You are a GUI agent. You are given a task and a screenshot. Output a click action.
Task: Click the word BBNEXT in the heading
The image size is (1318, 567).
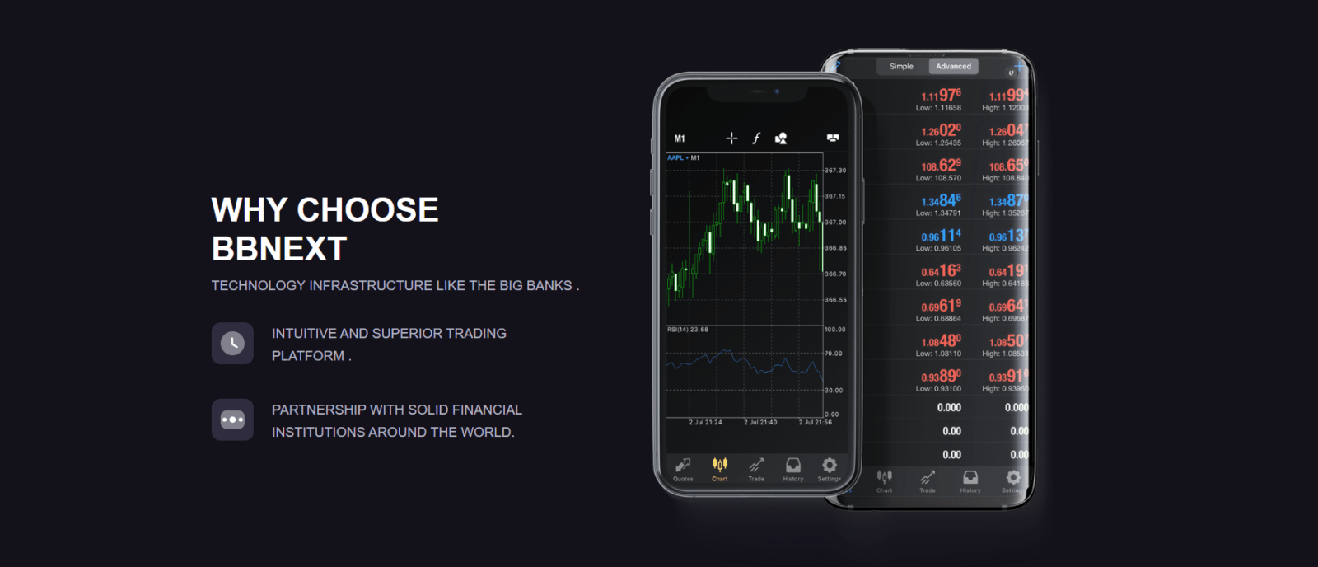pyautogui.click(x=279, y=249)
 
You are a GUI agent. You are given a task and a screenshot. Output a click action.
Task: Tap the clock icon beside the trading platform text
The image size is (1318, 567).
pyautogui.click(x=232, y=343)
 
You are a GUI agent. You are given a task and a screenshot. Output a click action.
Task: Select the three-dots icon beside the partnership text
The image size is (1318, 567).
pyautogui.click(x=232, y=419)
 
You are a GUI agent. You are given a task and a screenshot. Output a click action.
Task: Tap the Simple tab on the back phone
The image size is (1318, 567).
pyautogui.click(x=901, y=67)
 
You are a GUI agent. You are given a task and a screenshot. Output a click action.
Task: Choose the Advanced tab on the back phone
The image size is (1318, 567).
pyautogui.click(x=953, y=67)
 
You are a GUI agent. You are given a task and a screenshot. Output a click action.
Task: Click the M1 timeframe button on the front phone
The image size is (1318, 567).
pyautogui.click(x=680, y=138)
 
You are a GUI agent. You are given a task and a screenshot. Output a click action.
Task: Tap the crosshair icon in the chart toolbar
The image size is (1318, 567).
pyautogui.click(x=731, y=138)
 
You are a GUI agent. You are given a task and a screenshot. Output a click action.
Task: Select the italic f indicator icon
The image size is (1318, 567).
pyautogui.click(x=756, y=138)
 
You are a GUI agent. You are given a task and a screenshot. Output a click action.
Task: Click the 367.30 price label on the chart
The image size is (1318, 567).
pyautogui.click(x=835, y=171)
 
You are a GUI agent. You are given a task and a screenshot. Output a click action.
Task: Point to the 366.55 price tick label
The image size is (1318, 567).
pyautogui.click(x=835, y=300)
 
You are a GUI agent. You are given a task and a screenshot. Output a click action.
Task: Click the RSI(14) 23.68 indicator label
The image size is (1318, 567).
pyautogui.click(x=688, y=330)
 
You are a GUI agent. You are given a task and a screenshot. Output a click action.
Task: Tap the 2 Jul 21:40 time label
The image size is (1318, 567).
pyautogui.click(x=760, y=423)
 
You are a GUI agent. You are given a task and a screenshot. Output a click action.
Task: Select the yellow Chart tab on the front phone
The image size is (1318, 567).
pyautogui.click(x=720, y=469)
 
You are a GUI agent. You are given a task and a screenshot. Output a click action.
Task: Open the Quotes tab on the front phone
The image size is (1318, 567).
pyautogui.click(x=683, y=469)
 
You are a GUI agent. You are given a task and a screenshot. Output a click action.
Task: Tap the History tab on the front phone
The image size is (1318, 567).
pyautogui.click(x=792, y=469)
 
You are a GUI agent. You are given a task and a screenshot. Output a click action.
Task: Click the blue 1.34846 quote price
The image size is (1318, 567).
pyautogui.click(x=941, y=201)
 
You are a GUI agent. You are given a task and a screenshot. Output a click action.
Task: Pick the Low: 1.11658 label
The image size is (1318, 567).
pyautogui.click(x=938, y=108)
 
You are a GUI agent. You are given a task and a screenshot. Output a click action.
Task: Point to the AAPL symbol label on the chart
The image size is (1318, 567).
pyautogui.click(x=675, y=158)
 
